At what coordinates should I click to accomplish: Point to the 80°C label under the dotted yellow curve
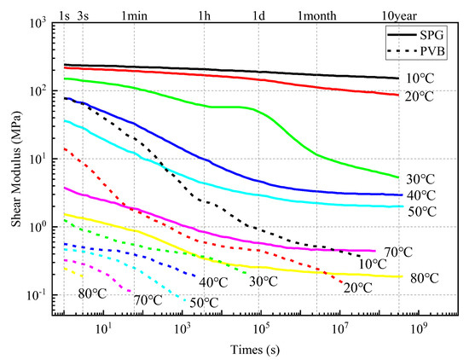click(91, 293)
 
